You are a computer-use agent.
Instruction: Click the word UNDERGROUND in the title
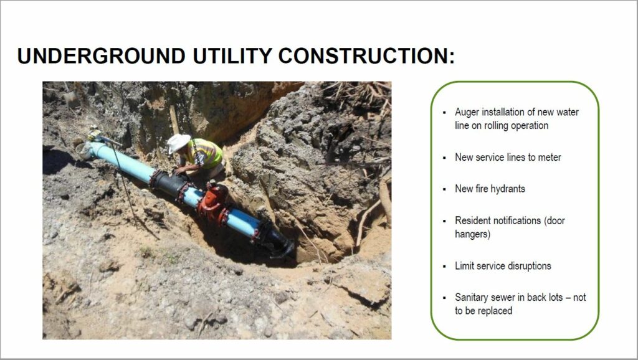point(102,55)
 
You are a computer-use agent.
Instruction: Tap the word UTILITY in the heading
point(232,55)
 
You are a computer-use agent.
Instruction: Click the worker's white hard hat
point(178,143)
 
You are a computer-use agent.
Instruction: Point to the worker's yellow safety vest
point(207,153)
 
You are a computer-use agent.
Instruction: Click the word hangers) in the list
point(472,234)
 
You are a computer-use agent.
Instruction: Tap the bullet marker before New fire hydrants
point(444,189)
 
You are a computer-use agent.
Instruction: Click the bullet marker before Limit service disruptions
point(444,267)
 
